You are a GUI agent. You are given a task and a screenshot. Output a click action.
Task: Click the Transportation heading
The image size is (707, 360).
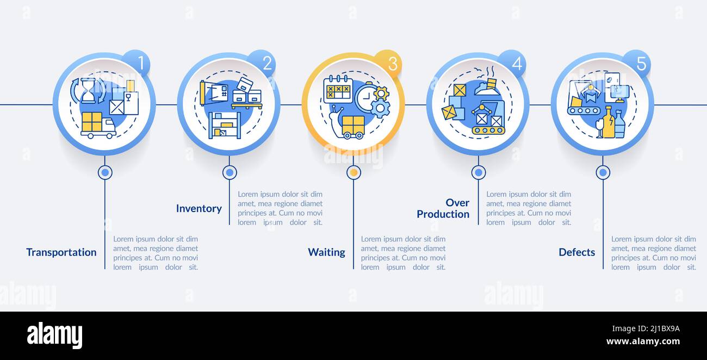(x=61, y=252)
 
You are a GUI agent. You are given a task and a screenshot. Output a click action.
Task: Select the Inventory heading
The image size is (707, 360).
(x=199, y=208)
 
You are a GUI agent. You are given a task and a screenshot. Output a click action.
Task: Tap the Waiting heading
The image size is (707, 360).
(x=326, y=252)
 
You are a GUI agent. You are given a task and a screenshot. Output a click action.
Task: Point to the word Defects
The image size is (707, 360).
(x=577, y=252)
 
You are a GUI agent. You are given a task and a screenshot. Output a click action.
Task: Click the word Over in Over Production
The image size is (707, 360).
(x=457, y=203)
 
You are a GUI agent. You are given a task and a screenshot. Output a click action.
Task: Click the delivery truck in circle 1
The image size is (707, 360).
(x=98, y=126)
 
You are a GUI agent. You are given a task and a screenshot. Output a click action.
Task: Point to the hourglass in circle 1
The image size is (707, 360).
(x=88, y=90)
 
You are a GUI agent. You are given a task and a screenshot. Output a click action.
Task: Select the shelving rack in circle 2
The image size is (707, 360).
(x=224, y=125)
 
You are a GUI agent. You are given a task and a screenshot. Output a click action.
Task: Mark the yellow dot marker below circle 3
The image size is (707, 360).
(x=353, y=172)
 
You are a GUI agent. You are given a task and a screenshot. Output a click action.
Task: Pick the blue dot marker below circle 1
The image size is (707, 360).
(x=105, y=172)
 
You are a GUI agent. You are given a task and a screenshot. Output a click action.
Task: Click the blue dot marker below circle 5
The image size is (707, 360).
(x=603, y=172)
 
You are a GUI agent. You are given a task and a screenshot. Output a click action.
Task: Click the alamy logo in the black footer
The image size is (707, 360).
(x=54, y=335)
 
